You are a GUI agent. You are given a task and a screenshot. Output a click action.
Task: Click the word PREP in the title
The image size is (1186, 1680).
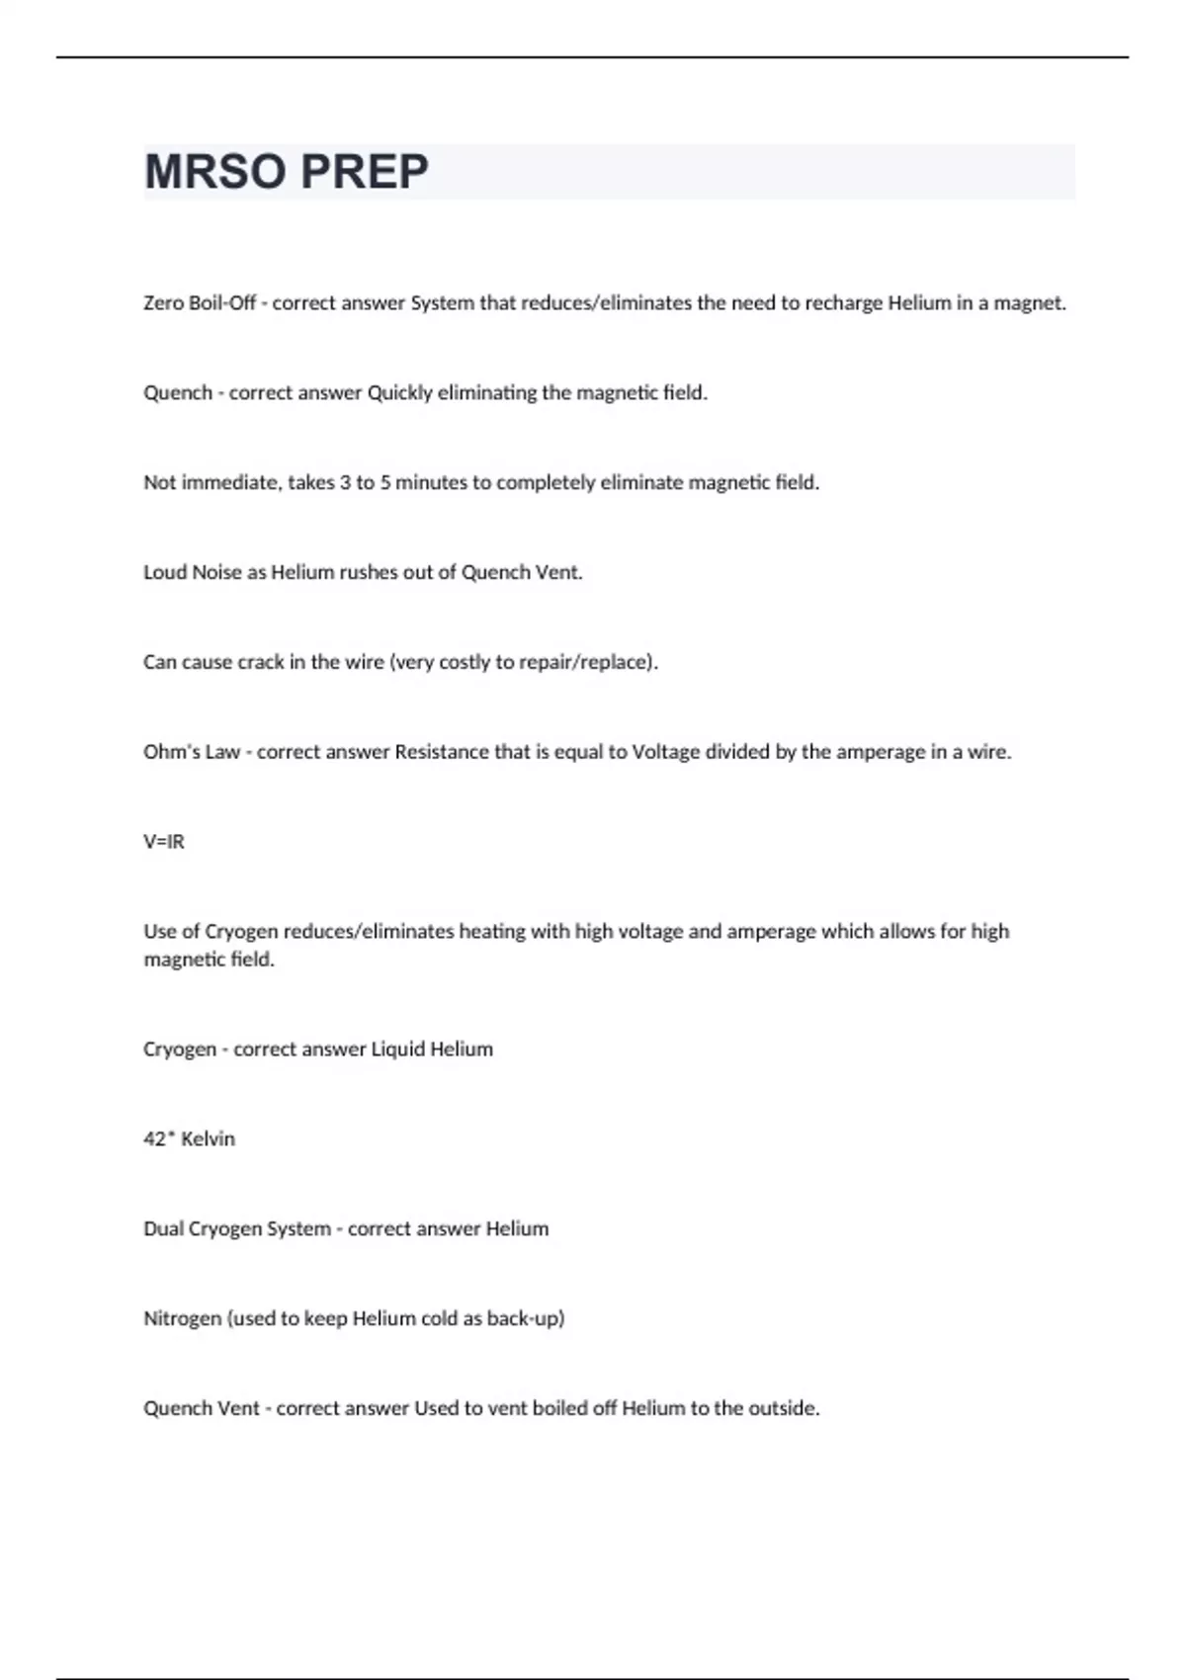pyautogui.click(x=364, y=172)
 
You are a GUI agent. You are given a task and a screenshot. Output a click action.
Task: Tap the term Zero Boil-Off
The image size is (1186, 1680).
pyautogui.click(x=200, y=303)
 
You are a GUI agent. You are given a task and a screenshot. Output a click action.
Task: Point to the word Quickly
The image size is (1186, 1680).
pyautogui.click(x=400, y=393)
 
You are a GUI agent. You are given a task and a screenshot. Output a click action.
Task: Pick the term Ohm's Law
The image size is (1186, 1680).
pyautogui.click(x=192, y=752)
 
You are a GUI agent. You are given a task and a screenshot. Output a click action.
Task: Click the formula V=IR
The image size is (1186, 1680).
pyautogui.click(x=164, y=842)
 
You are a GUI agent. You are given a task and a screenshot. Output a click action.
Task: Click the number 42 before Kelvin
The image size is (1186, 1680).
pyautogui.click(x=154, y=1139)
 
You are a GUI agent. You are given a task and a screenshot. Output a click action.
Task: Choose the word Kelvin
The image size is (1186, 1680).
pyautogui.click(x=208, y=1139)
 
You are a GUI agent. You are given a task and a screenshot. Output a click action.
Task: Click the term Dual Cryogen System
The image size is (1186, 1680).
pyautogui.click(x=237, y=1229)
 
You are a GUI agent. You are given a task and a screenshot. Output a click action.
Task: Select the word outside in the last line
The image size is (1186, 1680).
pyautogui.click(x=782, y=1408)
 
